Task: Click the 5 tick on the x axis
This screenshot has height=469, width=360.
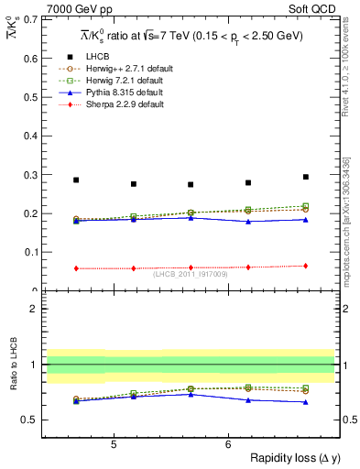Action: (x=114, y=444)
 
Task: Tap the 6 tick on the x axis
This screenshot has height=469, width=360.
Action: (x=228, y=444)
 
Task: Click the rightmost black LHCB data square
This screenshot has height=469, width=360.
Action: (x=306, y=177)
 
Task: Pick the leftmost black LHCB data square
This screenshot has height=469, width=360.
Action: (x=76, y=180)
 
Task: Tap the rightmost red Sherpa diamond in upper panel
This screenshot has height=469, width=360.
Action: (x=306, y=266)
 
